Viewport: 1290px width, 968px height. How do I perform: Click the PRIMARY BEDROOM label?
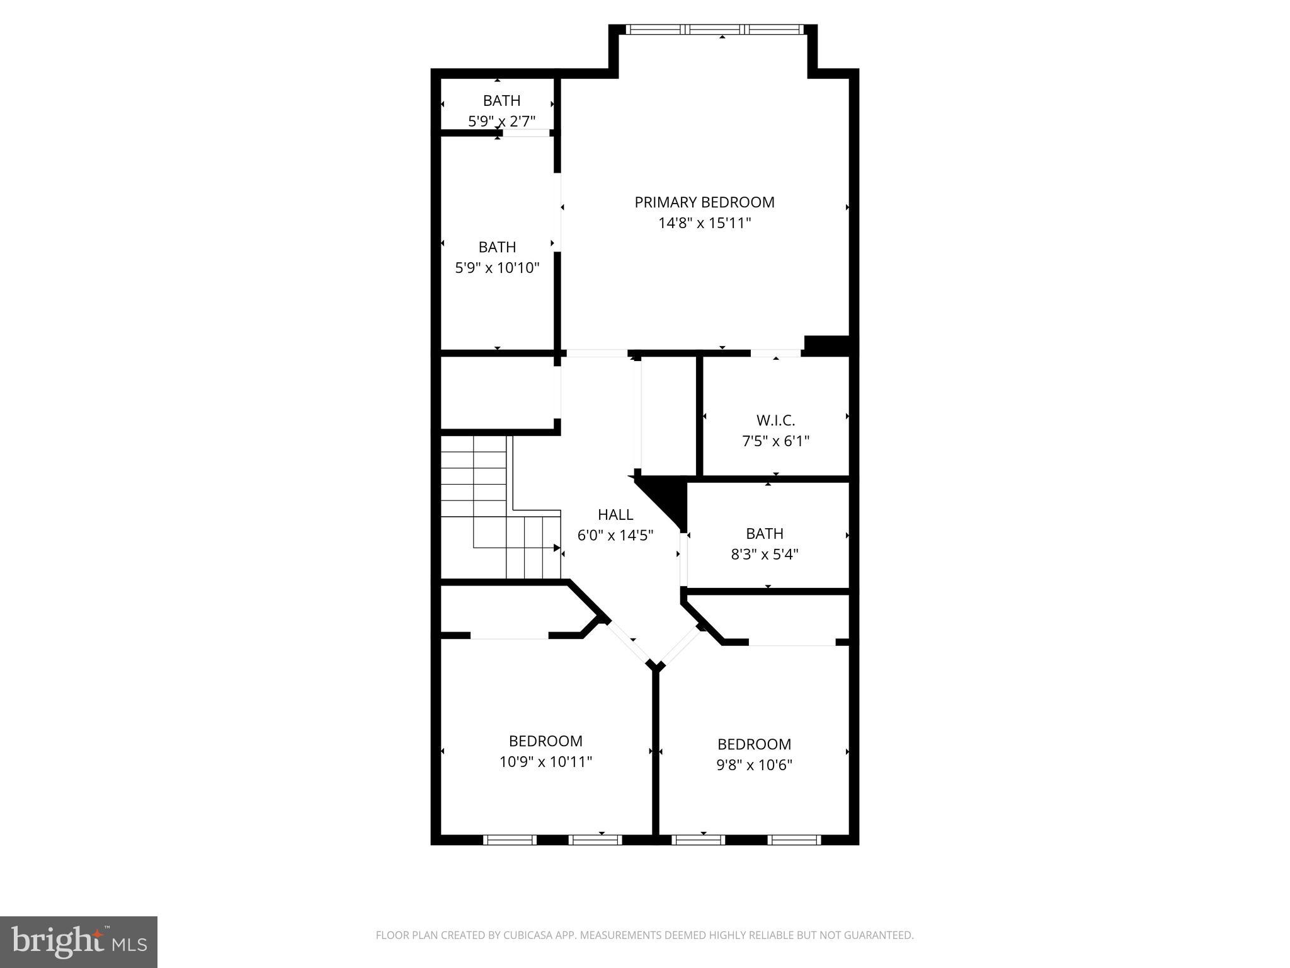click(x=704, y=202)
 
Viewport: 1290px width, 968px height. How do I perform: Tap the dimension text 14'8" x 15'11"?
click(x=704, y=223)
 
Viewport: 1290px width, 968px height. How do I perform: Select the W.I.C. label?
click(x=775, y=420)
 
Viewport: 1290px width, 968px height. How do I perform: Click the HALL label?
click(x=615, y=515)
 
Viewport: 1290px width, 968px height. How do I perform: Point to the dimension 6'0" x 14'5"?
click(x=615, y=536)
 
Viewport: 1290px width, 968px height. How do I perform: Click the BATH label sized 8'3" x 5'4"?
click(x=765, y=534)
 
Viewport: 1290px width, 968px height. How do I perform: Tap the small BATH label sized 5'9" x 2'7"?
click(x=501, y=101)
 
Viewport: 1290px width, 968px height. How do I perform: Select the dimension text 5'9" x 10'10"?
click(x=497, y=268)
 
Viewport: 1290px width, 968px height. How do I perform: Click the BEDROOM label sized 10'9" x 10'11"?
click(x=545, y=741)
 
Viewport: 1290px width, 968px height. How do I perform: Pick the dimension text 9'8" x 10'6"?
click(x=754, y=765)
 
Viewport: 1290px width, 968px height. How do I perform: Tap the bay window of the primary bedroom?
click(x=716, y=29)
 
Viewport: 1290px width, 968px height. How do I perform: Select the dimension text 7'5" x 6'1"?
click(x=775, y=441)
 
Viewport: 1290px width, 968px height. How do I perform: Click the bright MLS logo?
click(x=78, y=942)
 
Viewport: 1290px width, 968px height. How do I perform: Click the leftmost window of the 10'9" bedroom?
click(x=510, y=839)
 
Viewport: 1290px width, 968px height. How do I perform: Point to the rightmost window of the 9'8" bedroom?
click(x=794, y=839)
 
